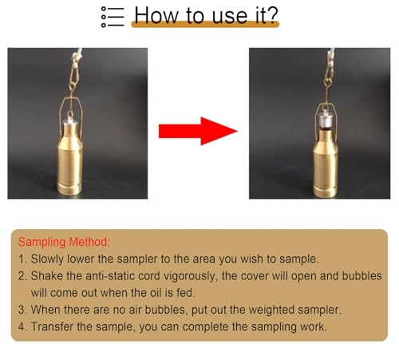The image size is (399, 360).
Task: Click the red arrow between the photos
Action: pyautogui.click(x=198, y=131)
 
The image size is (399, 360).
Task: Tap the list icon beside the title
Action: pyautogui.click(x=113, y=17)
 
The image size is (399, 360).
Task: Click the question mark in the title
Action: pyautogui.click(x=272, y=15)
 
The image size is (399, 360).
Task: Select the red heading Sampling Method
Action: pyautogui.click(x=64, y=242)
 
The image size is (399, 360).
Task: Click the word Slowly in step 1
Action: pyautogui.click(x=47, y=259)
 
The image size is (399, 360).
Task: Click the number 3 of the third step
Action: pyautogui.click(x=22, y=310)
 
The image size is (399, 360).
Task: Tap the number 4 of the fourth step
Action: pyautogui.click(x=22, y=326)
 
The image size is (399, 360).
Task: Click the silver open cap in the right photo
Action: pyautogui.click(x=326, y=121)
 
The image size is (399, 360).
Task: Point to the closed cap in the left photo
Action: pyautogui.click(x=70, y=119)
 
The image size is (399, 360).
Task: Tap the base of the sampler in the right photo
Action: pyautogui.click(x=325, y=191)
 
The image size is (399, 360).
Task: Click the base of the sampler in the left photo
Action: pyautogui.click(x=69, y=189)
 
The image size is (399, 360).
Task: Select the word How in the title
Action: pyautogui.click(x=156, y=15)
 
